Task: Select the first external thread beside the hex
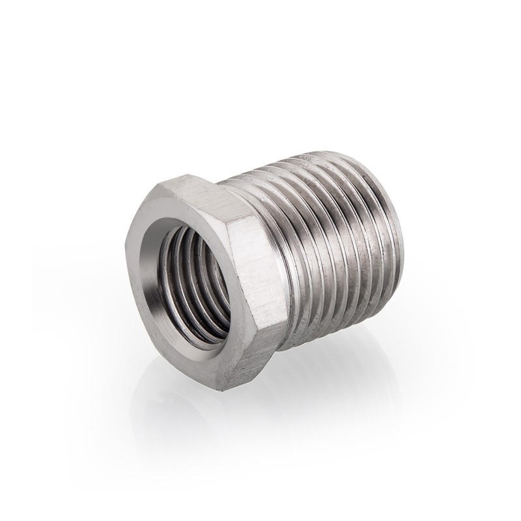(290, 260)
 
